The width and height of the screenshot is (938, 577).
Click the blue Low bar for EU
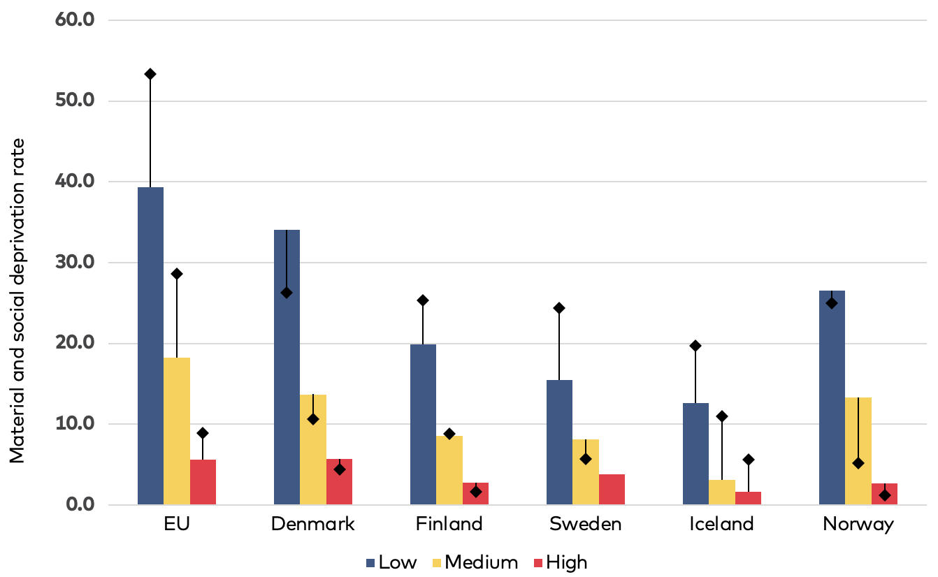150,346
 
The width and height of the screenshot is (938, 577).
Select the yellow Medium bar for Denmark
313,450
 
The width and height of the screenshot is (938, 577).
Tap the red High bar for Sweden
612,490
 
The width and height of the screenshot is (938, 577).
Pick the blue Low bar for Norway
832,397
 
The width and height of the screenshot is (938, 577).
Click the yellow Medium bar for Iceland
722,492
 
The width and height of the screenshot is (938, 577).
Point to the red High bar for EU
203,482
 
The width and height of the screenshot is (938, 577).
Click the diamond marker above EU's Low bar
150,74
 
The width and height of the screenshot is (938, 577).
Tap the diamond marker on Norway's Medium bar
858,463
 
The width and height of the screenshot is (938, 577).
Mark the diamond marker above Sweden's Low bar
559,308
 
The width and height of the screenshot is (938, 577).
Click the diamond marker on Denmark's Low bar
287,293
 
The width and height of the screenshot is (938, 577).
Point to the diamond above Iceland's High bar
749,460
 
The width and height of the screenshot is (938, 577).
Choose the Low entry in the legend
391,562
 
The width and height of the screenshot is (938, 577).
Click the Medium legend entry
473,562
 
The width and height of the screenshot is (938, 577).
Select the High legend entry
558,562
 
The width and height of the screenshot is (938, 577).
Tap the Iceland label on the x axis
721,525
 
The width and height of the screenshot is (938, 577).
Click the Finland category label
449,525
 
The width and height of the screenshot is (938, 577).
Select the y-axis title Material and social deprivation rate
17,300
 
